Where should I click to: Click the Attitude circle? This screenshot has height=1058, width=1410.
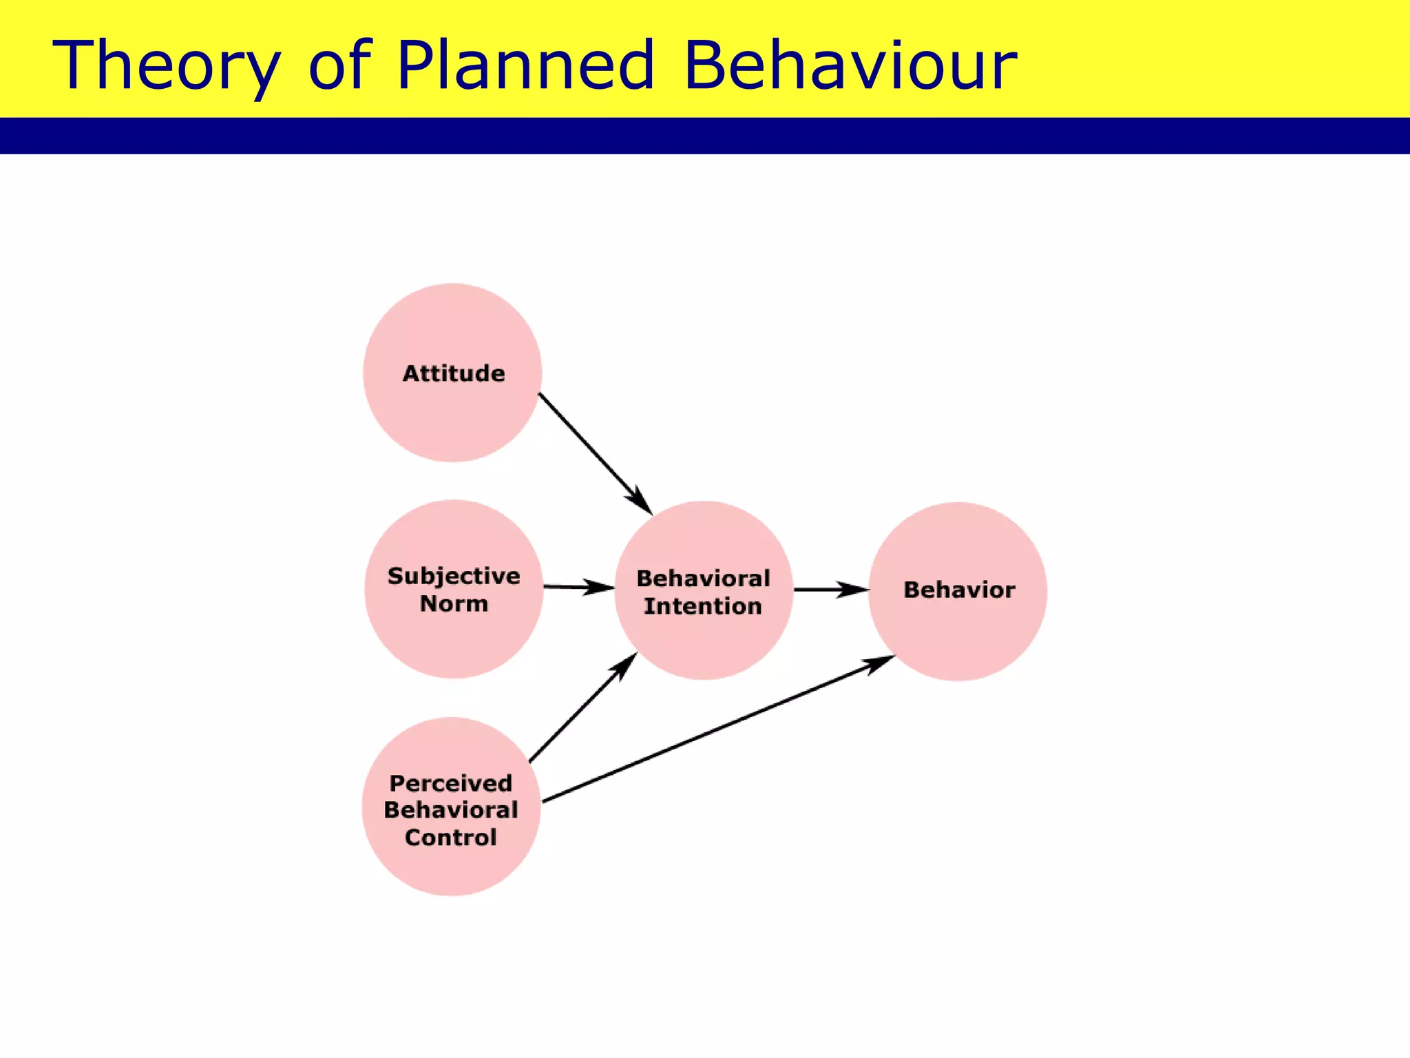pos(452,373)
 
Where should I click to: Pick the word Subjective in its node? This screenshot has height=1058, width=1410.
pos(454,576)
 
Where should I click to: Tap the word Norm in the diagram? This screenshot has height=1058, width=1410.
pos(454,604)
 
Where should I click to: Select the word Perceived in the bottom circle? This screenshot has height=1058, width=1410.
pos(451,783)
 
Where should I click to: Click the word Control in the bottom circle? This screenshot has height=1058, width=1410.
pos(451,838)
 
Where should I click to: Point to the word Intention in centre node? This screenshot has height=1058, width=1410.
pos(703,607)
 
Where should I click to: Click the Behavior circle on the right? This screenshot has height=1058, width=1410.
pos(958,591)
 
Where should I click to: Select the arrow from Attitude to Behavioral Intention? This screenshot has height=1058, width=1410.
pos(594,453)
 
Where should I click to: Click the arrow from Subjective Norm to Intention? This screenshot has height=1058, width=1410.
pos(578,588)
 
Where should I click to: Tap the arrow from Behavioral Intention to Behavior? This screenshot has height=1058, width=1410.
pos(831,590)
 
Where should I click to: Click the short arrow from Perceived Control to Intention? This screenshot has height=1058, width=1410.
pos(582,708)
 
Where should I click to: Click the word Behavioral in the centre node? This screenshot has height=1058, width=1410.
pos(703,579)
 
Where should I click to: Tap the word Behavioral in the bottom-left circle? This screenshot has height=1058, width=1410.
pos(451,810)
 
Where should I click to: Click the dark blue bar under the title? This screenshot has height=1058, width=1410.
pos(705,136)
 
